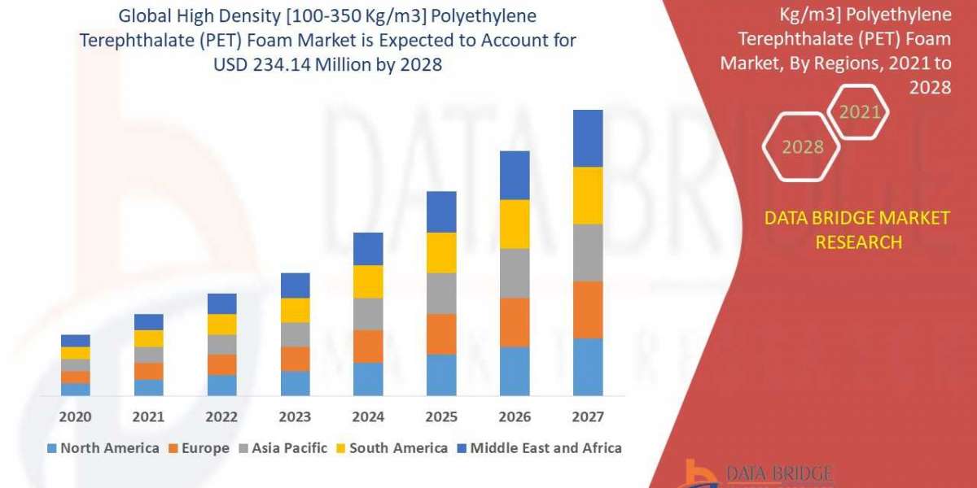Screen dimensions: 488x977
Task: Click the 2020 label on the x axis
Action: tap(75, 417)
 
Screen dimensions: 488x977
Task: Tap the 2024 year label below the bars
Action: tap(368, 417)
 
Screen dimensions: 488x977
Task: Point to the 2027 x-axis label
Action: tap(588, 417)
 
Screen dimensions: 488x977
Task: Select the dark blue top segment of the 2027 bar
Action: tap(588, 138)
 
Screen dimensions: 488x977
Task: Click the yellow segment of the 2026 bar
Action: tap(515, 224)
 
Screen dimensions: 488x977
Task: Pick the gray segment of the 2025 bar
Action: tap(441, 293)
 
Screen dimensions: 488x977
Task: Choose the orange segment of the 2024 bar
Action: tap(368, 346)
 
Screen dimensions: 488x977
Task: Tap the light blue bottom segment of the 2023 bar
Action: tap(295, 383)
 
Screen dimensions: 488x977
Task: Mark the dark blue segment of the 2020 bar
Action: tap(75, 340)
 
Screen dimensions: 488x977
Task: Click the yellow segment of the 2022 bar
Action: tap(221, 324)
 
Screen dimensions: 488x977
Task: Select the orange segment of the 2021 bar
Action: tap(148, 371)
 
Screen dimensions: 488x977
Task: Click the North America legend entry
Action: tap(103, 447)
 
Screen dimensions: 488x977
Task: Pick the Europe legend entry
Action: tap(199, 447)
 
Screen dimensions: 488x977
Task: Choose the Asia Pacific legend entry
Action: tap(283, 447)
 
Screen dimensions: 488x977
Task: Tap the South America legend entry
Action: tap(392, 447)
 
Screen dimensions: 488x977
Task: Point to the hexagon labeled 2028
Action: tap(801, 147)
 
